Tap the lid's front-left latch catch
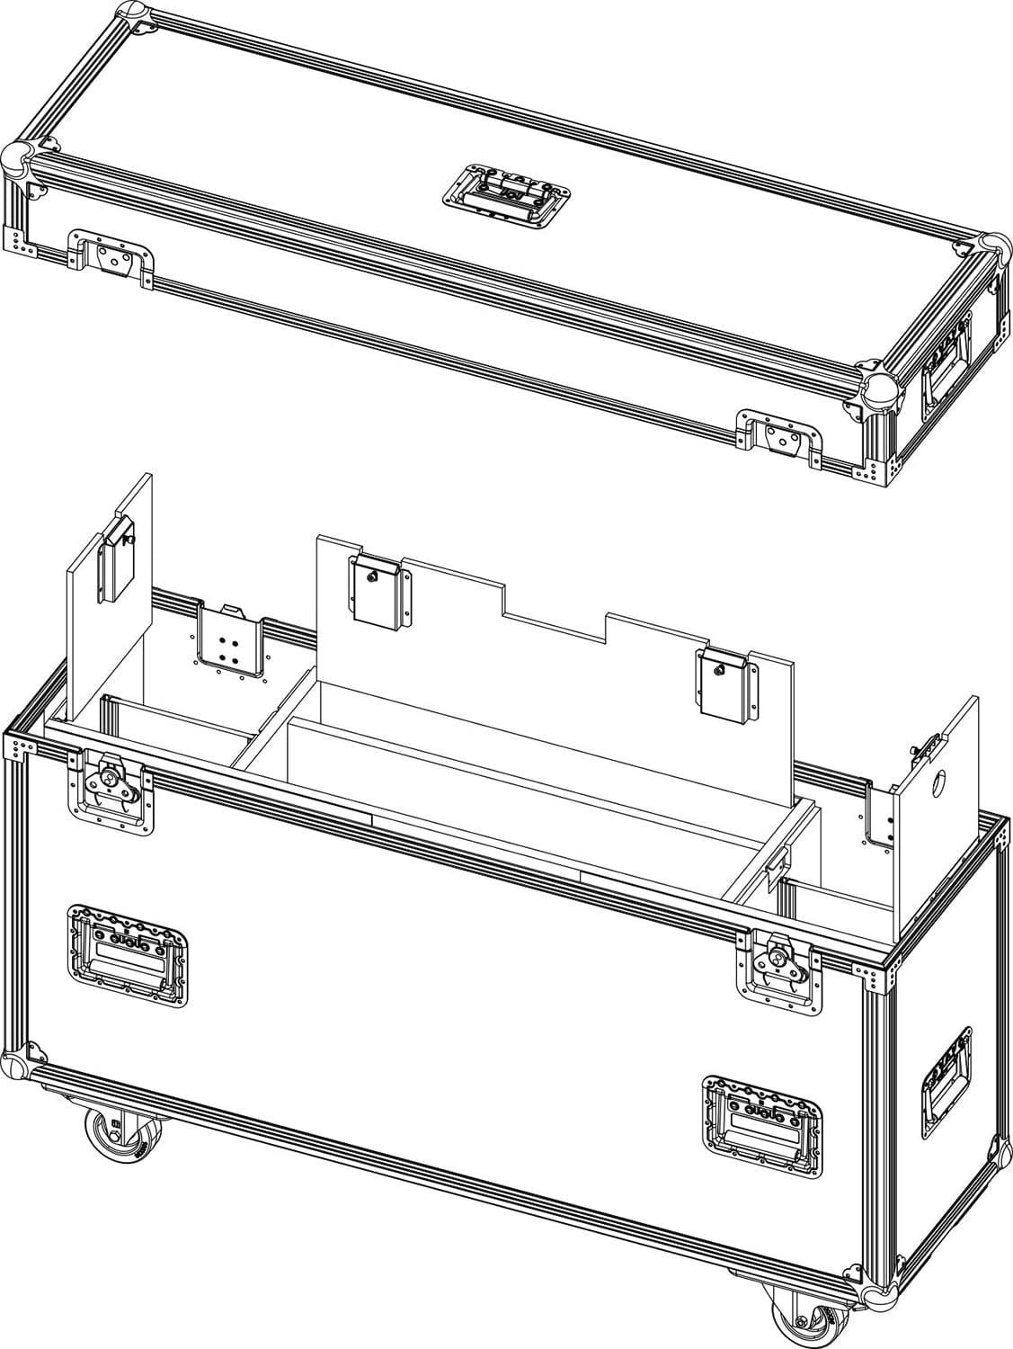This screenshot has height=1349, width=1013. tap(112, 259)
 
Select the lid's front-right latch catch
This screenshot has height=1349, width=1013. tap(779, 438)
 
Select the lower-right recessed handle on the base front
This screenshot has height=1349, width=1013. tap(763, 1121)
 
